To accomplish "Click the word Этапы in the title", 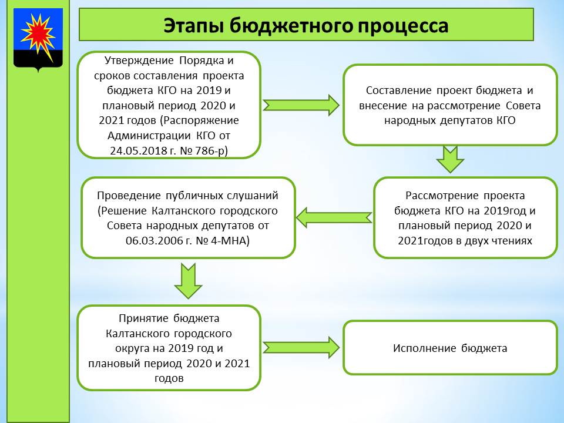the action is tap(193, 26).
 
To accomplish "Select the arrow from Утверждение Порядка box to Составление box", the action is tap(301, 105).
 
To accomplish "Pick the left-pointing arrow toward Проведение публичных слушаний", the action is tap(334, 217).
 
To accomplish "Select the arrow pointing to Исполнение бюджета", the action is tap(301, 347).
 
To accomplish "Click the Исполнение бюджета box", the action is tap(450, 348).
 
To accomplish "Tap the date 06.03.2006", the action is tap(154, 240).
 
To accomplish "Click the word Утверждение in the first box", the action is tap(139, 61).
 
